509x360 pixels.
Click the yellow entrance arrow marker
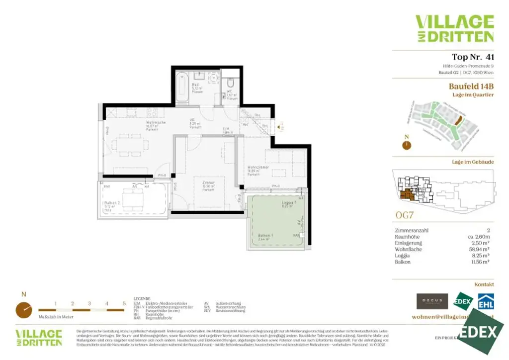click(x=282, y=127)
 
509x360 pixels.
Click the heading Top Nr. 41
click(x=472, y=57)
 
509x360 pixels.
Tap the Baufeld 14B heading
click(x=471, y=86)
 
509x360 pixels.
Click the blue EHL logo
click(x=485, y=301)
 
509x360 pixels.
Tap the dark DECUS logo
click(x=432, y=300)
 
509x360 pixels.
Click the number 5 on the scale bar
click(x=124, y=303)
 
